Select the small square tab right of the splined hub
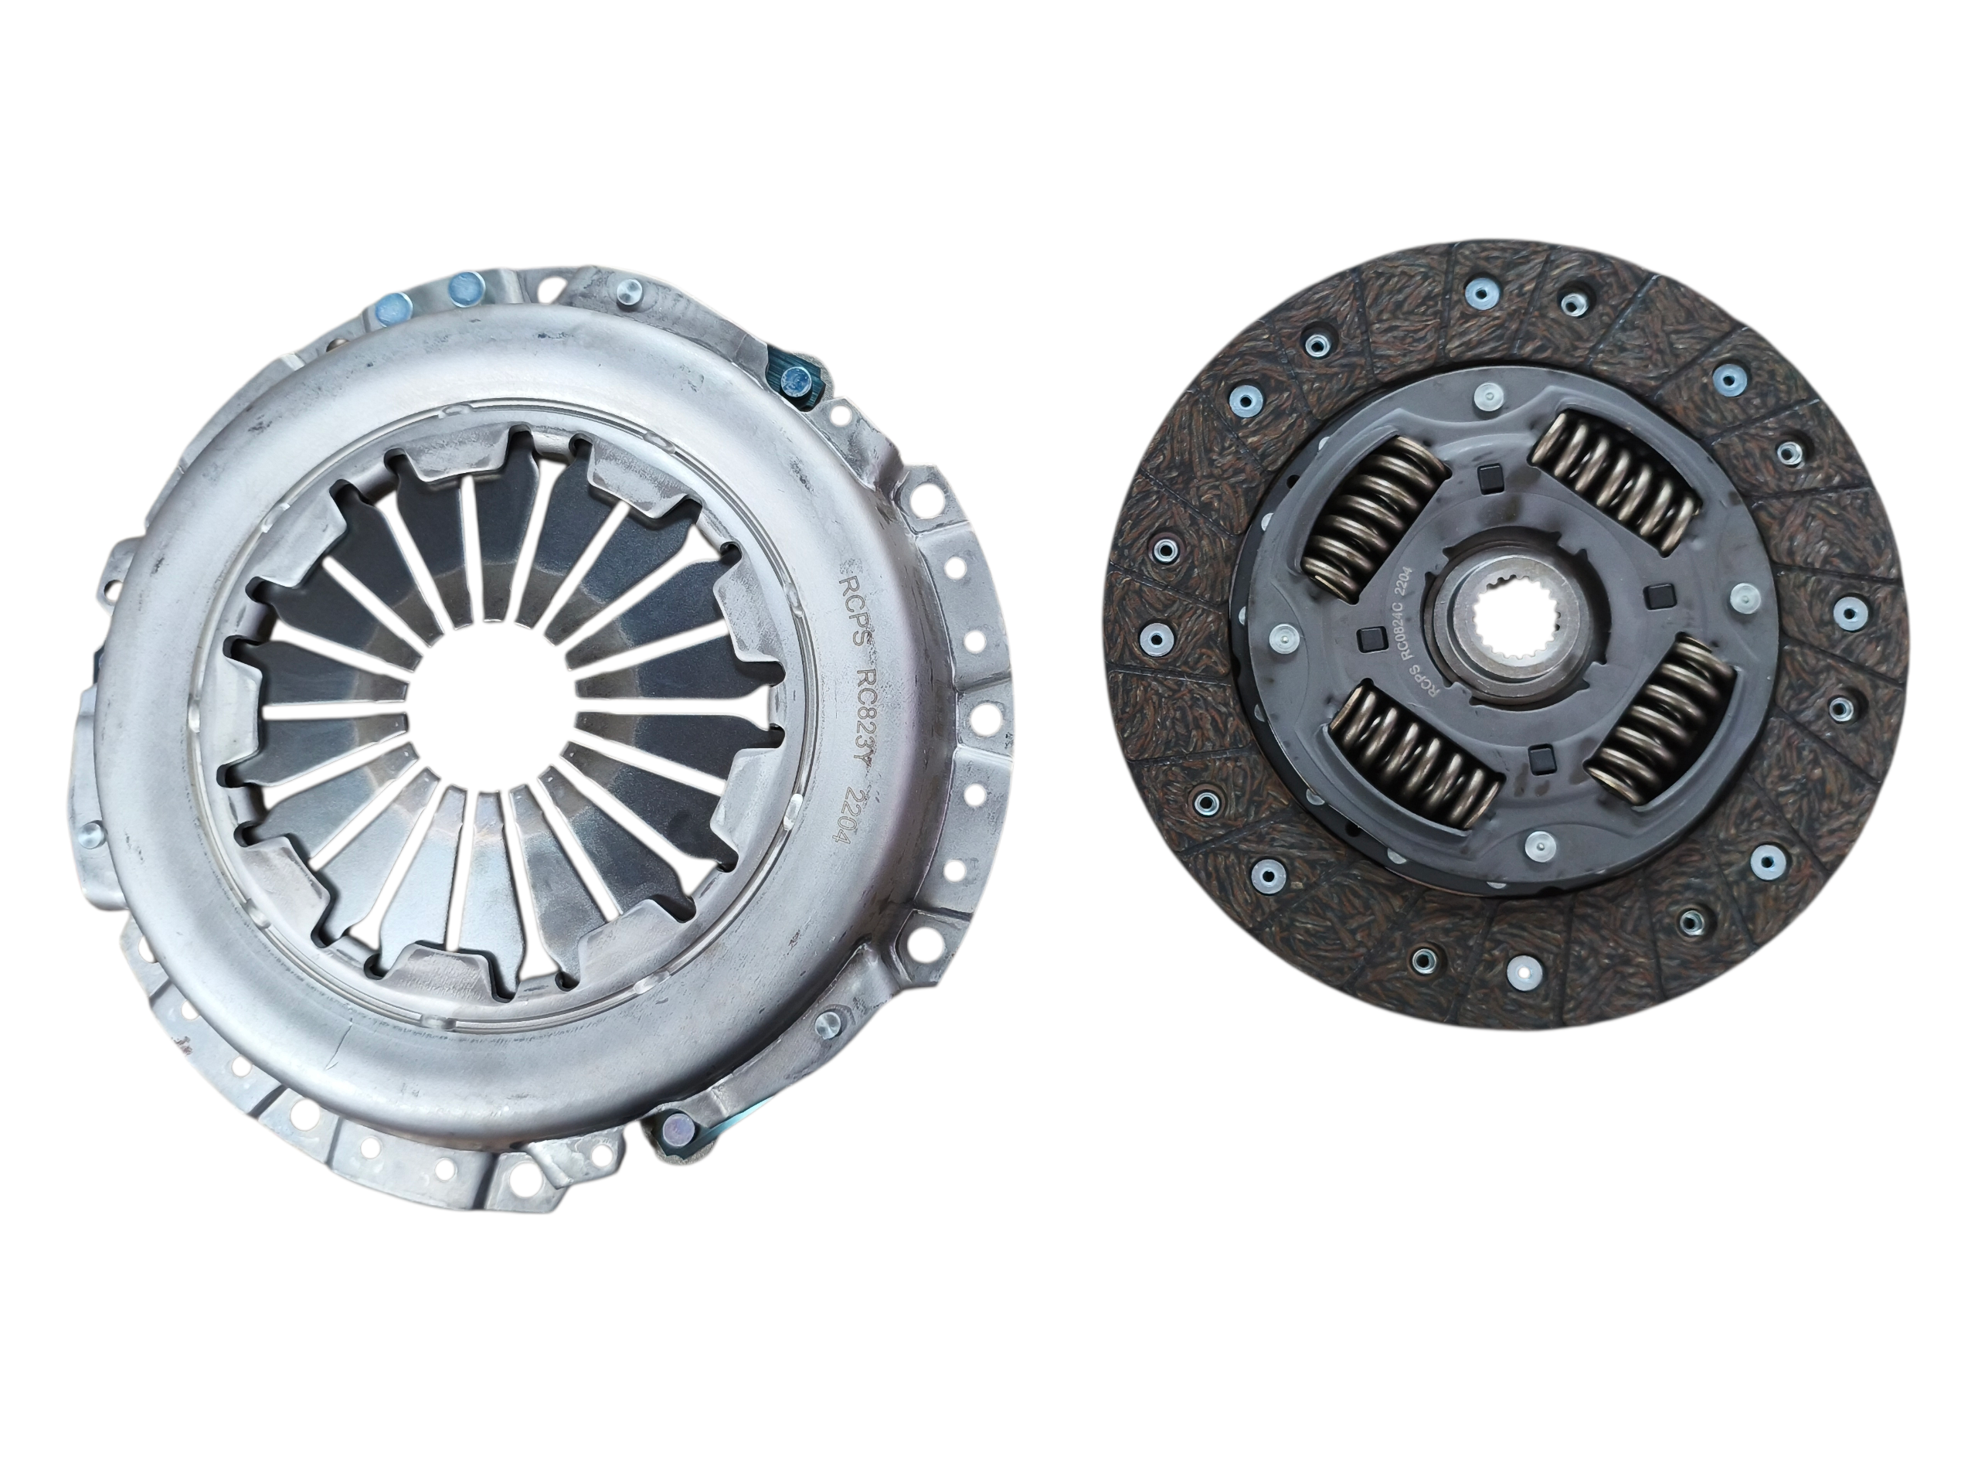click(1661, 591)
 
